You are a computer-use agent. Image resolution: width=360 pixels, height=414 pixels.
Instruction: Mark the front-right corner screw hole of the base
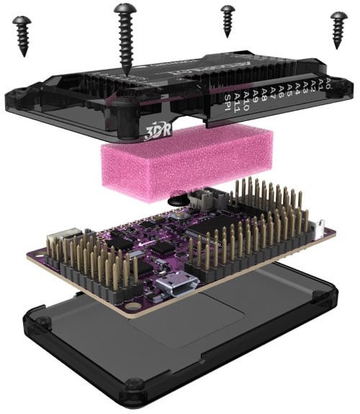click(x=315, y=296)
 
